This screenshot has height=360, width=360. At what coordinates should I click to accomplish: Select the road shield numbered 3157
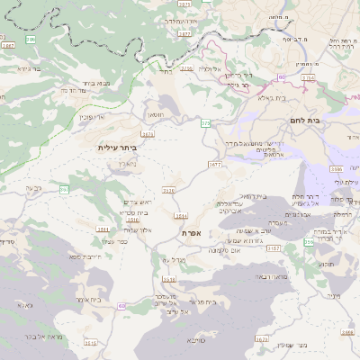[274, 247]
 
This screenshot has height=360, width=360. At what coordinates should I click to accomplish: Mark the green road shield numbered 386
[31, 40]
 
